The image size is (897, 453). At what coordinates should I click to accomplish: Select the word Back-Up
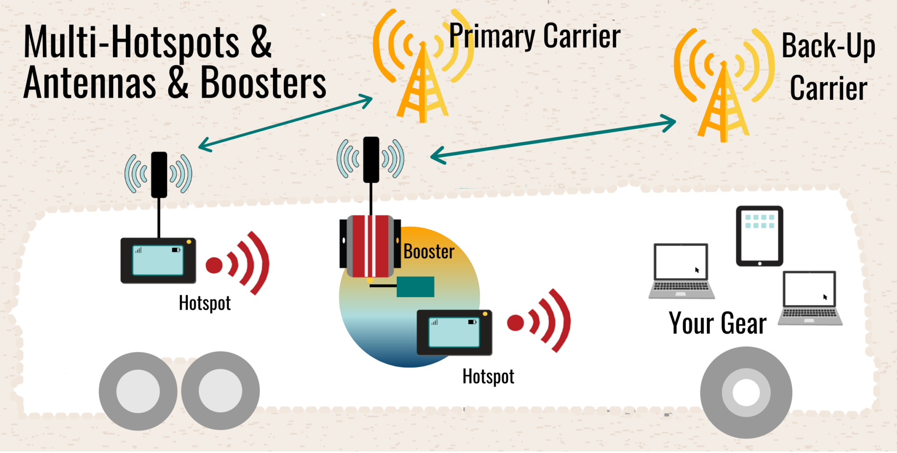(x=828, y=46)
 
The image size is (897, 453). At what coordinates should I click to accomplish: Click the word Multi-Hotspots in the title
(x=131, y=42)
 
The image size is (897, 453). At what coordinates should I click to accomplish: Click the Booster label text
(x=429, y=251)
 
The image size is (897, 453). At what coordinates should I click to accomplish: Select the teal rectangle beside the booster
(x=415, y=287)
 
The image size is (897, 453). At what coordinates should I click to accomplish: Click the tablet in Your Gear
(x=759, y=236)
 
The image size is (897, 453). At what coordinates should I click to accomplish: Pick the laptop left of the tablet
(x=681, y=271)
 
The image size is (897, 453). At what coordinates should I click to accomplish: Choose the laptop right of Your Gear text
(x=810, y=298)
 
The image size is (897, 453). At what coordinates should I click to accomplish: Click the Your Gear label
(x=717, y=323)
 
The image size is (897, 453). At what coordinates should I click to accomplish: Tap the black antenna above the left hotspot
(x=159, y=174)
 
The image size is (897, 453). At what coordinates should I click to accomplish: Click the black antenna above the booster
(x=371, y=159)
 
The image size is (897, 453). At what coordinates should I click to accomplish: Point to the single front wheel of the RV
(x=746, y=392)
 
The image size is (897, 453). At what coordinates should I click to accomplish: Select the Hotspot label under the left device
(x=205, y=303)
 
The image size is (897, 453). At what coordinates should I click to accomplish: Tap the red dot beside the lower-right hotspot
(x=516, y=323)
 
